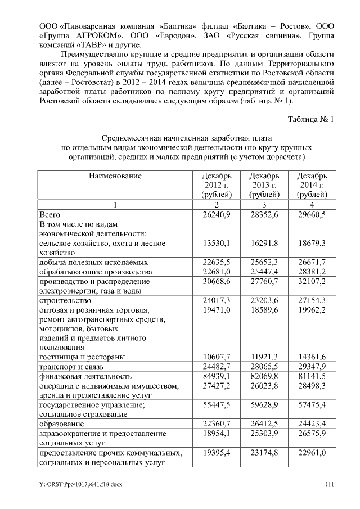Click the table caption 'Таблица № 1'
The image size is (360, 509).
[310, 120]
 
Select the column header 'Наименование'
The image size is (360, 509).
[114, 176]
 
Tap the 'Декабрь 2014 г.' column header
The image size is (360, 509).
[312, 185]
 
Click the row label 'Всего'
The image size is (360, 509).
[49, 215]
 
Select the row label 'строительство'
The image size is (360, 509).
[62, 300]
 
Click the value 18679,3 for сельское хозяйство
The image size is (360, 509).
[312, 244]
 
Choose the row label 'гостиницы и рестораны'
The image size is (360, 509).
[82, 357]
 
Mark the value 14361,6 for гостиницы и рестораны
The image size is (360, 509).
[312, 357]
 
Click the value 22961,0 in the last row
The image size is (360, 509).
[312, 452]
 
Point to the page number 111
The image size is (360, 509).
[330, 484]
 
